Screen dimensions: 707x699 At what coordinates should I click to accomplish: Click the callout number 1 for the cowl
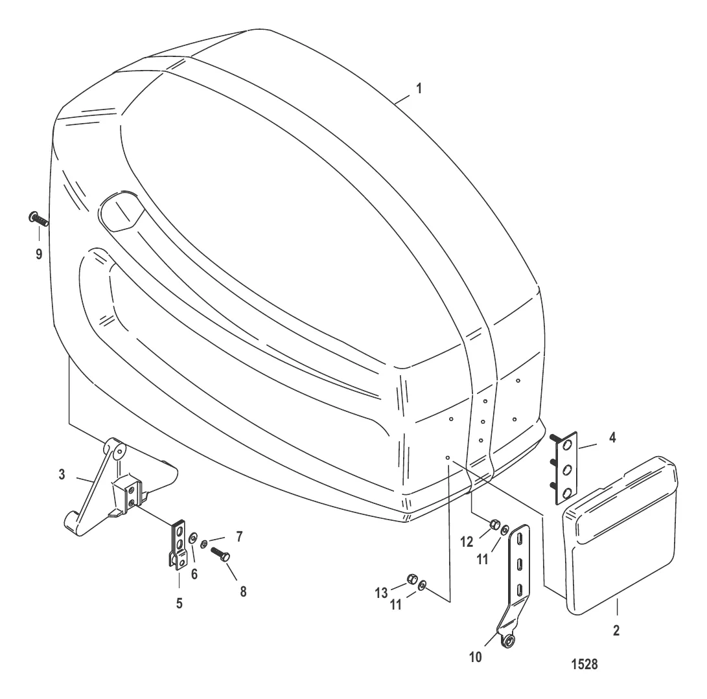(419, 88)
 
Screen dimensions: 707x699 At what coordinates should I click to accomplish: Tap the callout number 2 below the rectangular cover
(616, 630)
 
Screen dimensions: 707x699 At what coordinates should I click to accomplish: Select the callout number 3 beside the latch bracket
(62, 475)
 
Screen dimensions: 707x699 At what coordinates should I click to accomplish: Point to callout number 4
(612, 437)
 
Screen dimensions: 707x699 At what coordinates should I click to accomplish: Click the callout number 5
(180, 604)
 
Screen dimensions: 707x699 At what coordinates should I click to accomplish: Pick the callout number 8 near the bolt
(243, 591)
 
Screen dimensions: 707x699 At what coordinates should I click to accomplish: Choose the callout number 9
(39, 254)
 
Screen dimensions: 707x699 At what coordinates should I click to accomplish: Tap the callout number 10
(476, 658)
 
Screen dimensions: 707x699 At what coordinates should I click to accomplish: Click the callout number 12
(467, 542)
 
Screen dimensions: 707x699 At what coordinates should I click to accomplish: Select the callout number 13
(382, 593)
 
